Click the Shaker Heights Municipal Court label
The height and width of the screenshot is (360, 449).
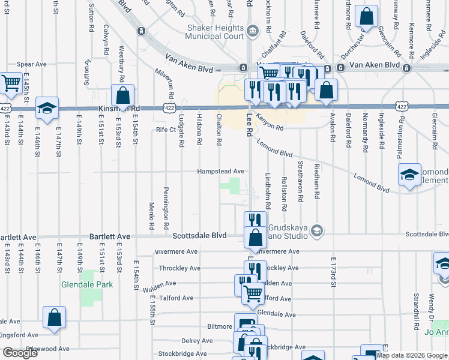[x=215, y=33]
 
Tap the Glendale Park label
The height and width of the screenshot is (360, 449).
[x=84, y=285]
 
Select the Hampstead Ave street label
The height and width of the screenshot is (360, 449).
[x=221, y=171]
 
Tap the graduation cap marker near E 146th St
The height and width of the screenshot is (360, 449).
[x=47, y=109]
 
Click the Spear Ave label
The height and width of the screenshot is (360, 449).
[x=32, y=64]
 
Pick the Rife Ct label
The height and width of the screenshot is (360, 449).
[x=165, y=129]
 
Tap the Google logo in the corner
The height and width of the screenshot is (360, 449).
[x=20, y=352]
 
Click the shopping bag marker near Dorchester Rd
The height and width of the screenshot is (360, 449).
[x=366, y=17]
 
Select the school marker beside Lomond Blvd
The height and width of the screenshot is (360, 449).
[x=410, y=175]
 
